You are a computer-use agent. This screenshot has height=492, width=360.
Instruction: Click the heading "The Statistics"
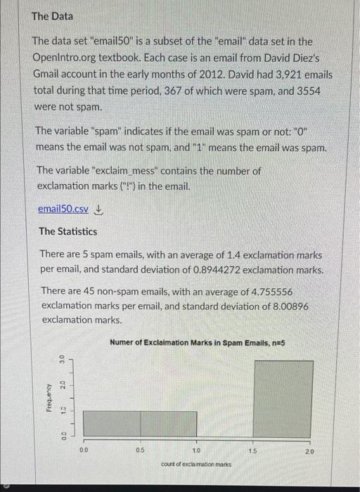point(68,231)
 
